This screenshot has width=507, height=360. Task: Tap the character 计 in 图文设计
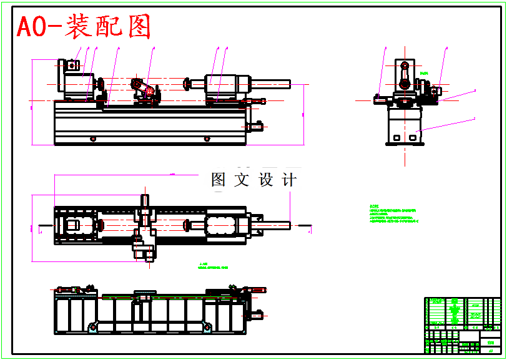coord(289,180)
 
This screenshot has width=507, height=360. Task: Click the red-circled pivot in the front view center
coord(150,91)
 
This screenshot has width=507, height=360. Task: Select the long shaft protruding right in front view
coord(271,84)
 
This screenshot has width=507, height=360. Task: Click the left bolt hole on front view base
coord(93,139)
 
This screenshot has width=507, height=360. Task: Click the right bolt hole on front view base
coord(205,139)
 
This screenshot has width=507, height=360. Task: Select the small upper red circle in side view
coord(405,65)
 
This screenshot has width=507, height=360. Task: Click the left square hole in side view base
coord(396,136)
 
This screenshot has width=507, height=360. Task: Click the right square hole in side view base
coord(413,136)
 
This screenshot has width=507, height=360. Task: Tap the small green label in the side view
coord(425,74)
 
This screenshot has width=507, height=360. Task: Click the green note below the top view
coord(213,266)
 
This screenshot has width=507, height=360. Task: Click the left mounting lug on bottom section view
coord(92,326)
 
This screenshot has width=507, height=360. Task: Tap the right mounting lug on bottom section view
coord(205,325)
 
